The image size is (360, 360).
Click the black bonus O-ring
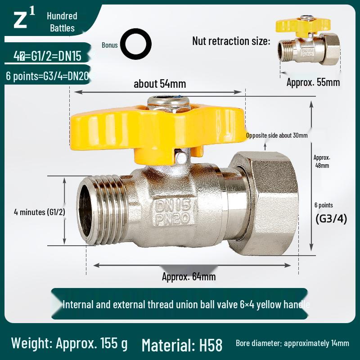tap(135, 45)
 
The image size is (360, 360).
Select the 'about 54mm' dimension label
tap(160, 84)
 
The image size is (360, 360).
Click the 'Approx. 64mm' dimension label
tap(189, 277)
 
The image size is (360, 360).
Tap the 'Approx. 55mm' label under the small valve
tap(313, 82)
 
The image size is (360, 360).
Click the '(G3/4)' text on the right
tap(331, 220)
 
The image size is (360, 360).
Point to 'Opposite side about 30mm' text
tap(277, 135)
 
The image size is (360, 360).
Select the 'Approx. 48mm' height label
tap(322, 162)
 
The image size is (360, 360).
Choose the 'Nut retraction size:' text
tap(231, 41)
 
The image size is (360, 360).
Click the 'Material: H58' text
tap(182, 345)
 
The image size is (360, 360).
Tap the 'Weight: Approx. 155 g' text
tap(69, 343)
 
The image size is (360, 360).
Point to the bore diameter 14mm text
tap(292, 343)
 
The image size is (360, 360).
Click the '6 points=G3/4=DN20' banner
tap(47, 76)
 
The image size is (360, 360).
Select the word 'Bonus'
tap(109, 45)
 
